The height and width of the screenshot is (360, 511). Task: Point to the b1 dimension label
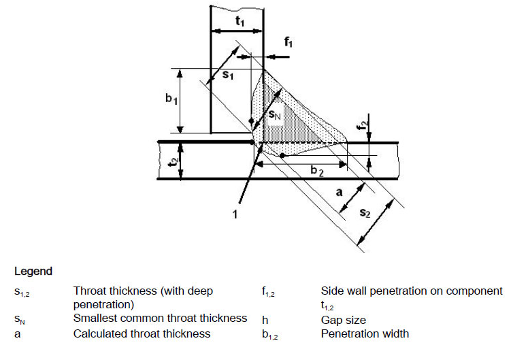click(170, 99)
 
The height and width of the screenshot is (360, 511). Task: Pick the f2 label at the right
click(365, 124)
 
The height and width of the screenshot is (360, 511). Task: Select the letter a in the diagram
click(338, 193)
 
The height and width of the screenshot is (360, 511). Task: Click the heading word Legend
click(33, 271)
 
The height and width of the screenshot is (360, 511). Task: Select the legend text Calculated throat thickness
click(142, 333)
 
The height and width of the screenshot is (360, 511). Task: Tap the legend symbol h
click(265, 319)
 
